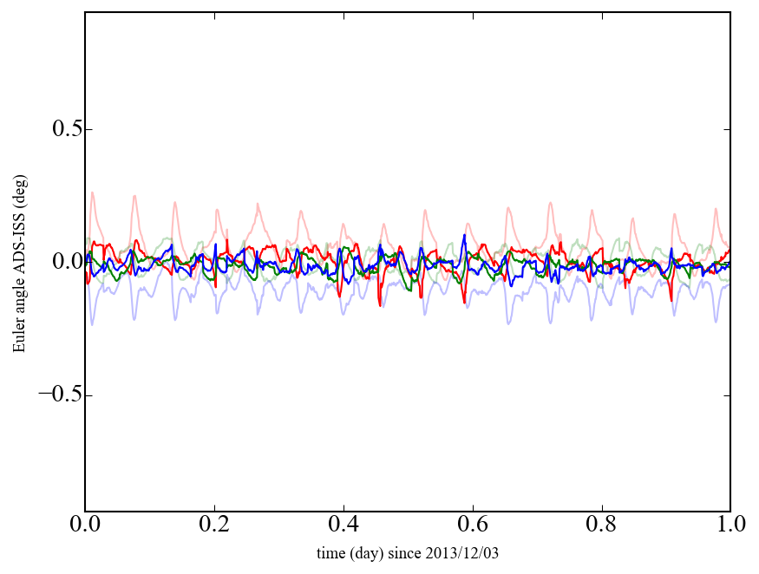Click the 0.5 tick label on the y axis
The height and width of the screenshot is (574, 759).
point(59,129)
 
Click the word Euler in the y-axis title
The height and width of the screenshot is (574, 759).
point(18,337)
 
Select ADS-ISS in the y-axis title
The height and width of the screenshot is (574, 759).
point(18,248)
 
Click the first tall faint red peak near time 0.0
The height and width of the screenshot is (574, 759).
point(92,192)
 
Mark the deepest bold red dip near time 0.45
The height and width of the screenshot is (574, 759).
point(379,304)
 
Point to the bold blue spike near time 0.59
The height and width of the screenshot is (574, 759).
point(465,236)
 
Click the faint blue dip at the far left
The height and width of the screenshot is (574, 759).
point(92,323)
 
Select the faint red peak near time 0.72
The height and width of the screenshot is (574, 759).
point(550,204)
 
